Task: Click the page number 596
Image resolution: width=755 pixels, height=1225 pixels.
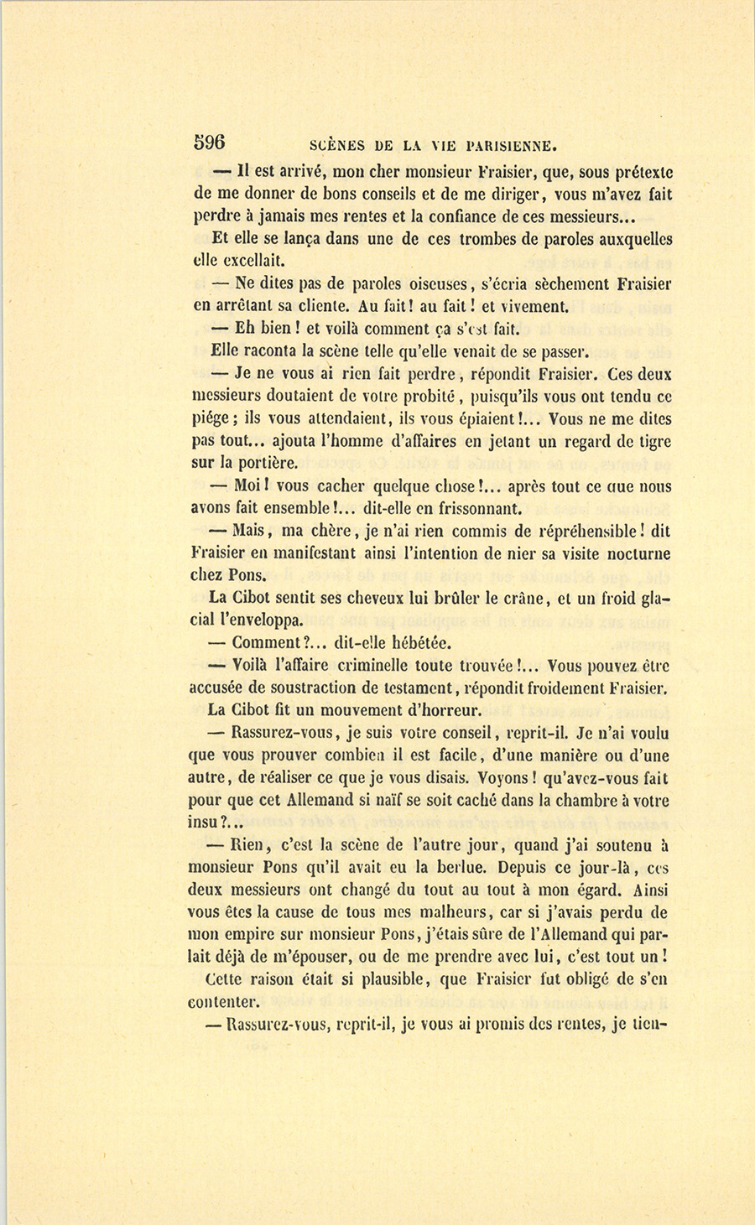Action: (x=210, y=142)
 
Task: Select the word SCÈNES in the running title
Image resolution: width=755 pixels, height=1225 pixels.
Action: (x=337, y=145)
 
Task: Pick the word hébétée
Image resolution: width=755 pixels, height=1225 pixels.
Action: (x=414, y=643)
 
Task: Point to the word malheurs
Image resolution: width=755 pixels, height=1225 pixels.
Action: (x=458, y=912)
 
